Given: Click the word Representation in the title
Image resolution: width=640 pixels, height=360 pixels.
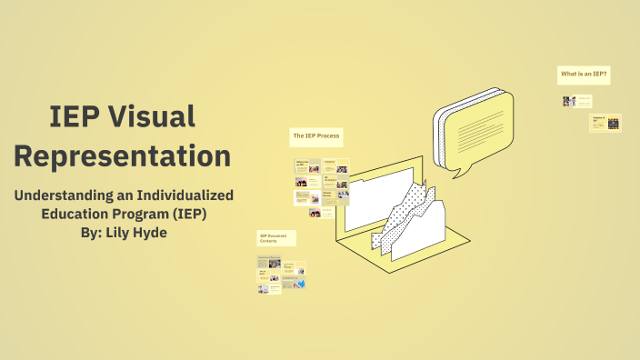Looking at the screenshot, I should (x=122, y=155).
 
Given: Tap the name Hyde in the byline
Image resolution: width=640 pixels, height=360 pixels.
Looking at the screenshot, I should (x=148, y=232).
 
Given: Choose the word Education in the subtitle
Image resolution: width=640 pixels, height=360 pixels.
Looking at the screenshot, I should (x=78, y=214).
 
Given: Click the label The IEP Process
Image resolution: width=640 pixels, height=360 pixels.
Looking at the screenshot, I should (x=315, y=136).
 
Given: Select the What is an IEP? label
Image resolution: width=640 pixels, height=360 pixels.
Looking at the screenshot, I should (x=583, y=75).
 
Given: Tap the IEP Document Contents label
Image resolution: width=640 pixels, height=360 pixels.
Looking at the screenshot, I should (x=275, y=238).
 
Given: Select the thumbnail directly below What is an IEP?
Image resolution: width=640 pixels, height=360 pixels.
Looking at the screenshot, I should (x=571, y=102).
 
